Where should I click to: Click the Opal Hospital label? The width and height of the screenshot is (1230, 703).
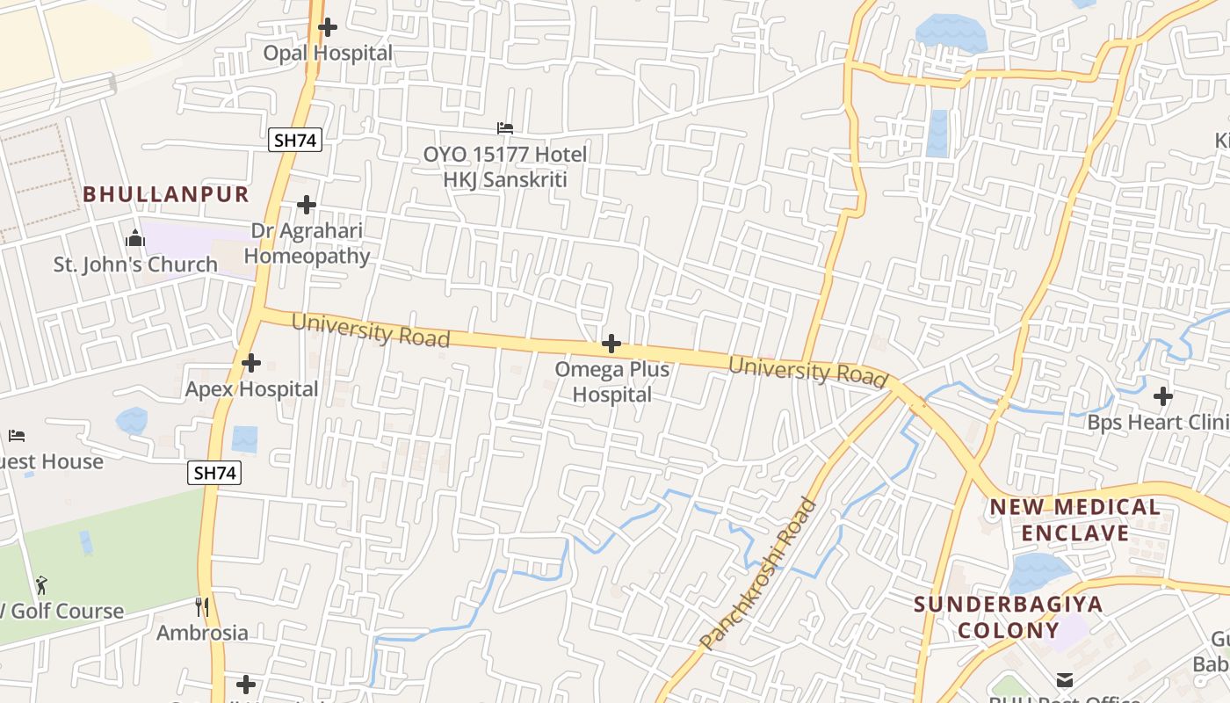[x=328, y=54]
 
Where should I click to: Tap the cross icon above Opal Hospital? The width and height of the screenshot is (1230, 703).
[x=328, y=27]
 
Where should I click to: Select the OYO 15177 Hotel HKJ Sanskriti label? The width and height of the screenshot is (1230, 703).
[x=505, y=167]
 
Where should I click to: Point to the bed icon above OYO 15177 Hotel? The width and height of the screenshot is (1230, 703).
[x=505, y=128]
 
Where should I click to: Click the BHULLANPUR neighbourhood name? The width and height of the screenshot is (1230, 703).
[x=166, y=195]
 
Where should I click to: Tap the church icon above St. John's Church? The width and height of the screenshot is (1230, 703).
[x=135, y=238]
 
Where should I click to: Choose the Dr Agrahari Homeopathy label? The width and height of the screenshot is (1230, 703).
[x=307, y=243]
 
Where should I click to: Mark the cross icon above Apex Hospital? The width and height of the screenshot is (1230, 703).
[x=251, y=362]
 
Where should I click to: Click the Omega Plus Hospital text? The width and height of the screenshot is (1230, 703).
[x=611, y=382]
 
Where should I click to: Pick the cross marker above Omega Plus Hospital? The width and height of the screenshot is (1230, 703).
[x=611, y=344]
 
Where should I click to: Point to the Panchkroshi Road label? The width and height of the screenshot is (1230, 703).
[x=760, y=574]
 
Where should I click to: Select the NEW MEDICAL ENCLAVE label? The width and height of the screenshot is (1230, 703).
[x=1075, y=520]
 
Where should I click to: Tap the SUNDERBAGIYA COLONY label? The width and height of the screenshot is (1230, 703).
[x=1008, y=617]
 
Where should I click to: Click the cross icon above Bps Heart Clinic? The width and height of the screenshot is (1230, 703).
[x=1163, y=396]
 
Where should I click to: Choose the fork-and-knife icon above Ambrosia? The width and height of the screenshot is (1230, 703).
[x=202, y=606]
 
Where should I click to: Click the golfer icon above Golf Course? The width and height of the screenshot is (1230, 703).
[x=41, y=584]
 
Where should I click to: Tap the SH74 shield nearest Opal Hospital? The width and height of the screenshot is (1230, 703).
[x=295, y=139]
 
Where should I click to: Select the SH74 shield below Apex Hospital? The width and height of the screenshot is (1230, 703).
[x=214, y=473]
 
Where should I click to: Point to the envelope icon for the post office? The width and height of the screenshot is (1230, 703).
[x=1065, y=679]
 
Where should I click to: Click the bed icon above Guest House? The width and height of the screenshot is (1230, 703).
[x=17, y=436]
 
